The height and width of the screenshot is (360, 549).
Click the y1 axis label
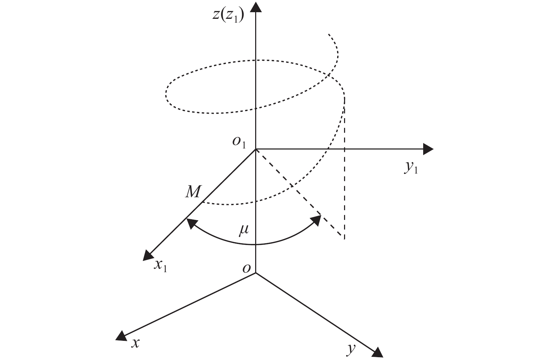pos(411,168)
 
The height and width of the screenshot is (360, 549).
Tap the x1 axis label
pos(160,266)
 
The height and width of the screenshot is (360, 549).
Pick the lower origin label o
pos(246,268)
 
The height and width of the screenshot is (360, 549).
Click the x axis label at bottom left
pos(135,343)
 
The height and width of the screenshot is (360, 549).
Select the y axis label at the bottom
pos(351,348)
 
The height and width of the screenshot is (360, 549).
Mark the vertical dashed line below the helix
pos(344,174)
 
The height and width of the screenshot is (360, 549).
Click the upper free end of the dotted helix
pos(328,34)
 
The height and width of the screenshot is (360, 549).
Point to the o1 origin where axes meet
pos(256,149)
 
